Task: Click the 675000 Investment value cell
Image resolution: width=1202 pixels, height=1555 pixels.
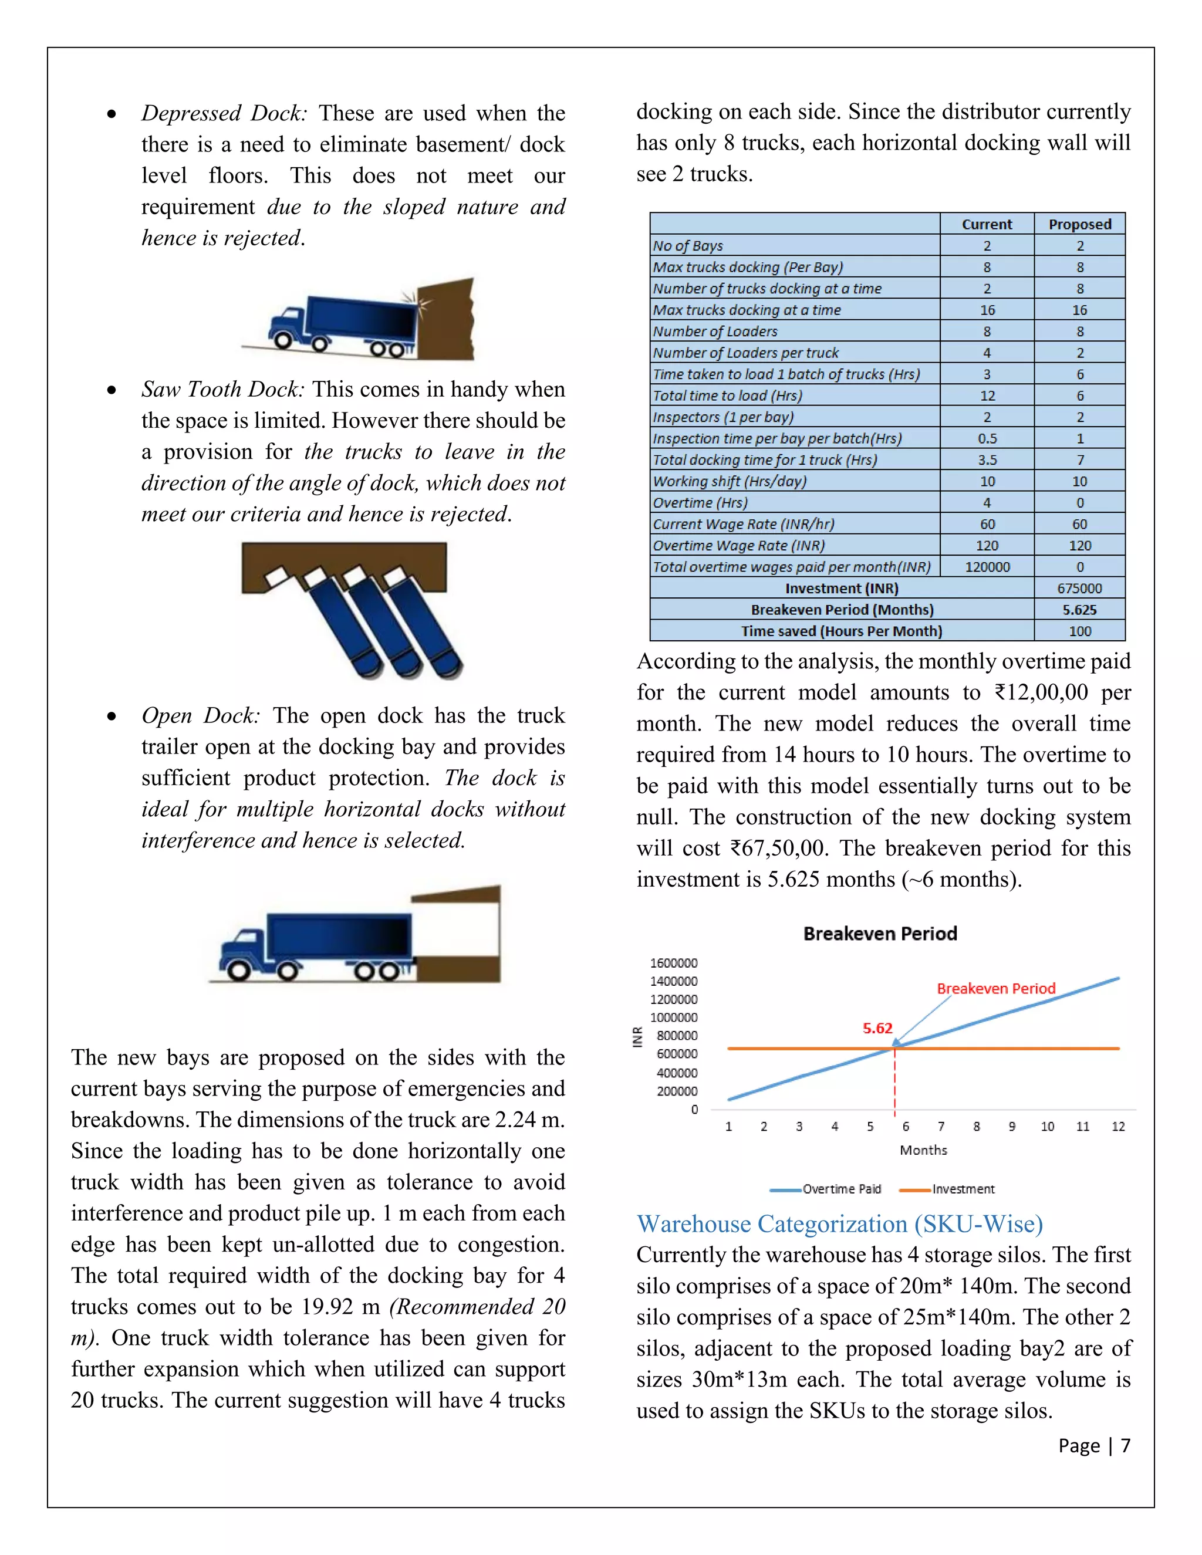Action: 1079,588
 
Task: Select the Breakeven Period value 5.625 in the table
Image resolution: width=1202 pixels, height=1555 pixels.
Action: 1079,610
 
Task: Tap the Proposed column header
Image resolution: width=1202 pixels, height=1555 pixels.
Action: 1079,224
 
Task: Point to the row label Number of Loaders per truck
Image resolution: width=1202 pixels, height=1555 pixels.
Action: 745,353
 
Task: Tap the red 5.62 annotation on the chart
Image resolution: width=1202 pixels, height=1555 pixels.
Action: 877,1028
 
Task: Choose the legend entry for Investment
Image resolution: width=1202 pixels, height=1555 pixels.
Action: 948,1189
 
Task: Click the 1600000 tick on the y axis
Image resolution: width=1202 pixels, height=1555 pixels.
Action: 674,962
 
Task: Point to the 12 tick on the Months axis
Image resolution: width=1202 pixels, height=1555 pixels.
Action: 1118,1127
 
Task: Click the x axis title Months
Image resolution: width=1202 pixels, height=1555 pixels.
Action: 923,1150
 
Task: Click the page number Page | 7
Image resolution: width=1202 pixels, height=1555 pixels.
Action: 1094,1445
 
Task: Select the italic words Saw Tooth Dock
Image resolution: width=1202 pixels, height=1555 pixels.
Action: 223,390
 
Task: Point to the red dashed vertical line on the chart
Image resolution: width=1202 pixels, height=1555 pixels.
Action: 894,1082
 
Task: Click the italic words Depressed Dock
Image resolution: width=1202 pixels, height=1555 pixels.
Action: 224,113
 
